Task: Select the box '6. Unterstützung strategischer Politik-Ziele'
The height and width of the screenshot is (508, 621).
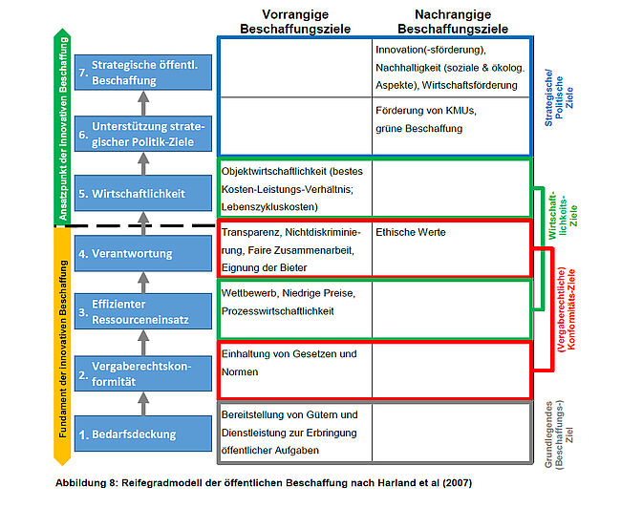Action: coord(142,134)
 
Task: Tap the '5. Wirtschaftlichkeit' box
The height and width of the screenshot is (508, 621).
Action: coord(142,194)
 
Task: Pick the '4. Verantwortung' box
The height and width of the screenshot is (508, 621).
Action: coord(142,253)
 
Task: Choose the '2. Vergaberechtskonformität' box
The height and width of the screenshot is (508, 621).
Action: coord(142,373)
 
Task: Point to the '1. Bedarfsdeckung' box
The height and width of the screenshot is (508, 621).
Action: coord(142,434)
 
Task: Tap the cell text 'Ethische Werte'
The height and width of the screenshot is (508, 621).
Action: coord(411,232)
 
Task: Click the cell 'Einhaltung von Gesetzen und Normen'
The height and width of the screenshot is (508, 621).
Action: coord(289,363)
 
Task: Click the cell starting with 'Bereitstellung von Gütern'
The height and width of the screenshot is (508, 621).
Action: coord(290,432)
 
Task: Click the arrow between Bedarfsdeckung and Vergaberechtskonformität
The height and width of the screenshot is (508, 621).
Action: coord(142,404)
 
